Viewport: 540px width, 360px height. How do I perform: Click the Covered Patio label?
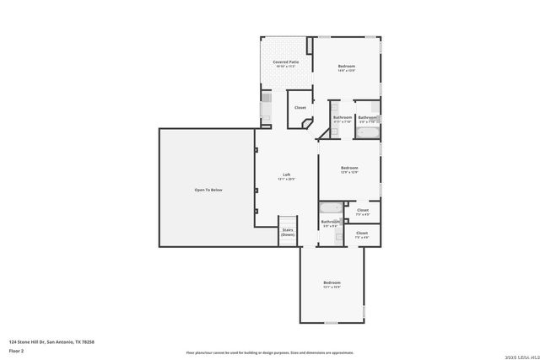(286, 62)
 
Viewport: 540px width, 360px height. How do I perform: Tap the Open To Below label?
(208, 190)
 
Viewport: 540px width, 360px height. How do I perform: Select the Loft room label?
(287, 175)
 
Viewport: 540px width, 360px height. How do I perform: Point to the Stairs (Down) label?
(288, 232)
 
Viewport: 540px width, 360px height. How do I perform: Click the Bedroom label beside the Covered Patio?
(347, 66)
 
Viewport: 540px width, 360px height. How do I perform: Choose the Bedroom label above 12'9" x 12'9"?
(349, 167)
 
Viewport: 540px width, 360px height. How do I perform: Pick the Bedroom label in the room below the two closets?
(332, 282)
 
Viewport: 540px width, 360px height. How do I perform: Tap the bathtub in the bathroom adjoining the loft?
(330, 207)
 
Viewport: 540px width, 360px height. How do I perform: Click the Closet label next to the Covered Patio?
(300, 108)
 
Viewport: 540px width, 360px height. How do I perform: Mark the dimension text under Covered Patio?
(286, 67)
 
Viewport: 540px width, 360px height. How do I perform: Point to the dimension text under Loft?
(287, 180)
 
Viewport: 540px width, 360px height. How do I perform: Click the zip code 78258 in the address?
(89, 341)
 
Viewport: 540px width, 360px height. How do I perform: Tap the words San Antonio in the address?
(60, 341)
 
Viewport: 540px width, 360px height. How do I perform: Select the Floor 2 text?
(17, 350)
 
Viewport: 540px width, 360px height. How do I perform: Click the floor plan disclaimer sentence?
(269, 352)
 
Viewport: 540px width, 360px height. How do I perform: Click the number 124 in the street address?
(13, 341)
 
